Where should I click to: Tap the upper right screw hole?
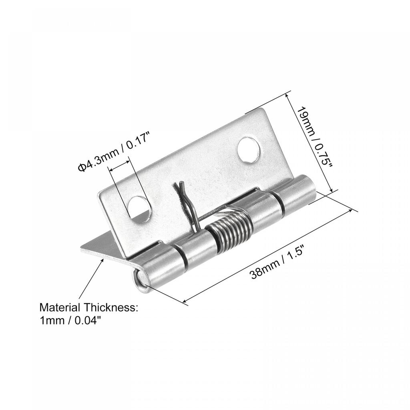coord(249,150)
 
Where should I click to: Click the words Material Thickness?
coord(88,307)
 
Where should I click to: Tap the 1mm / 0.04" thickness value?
coord(68,321)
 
